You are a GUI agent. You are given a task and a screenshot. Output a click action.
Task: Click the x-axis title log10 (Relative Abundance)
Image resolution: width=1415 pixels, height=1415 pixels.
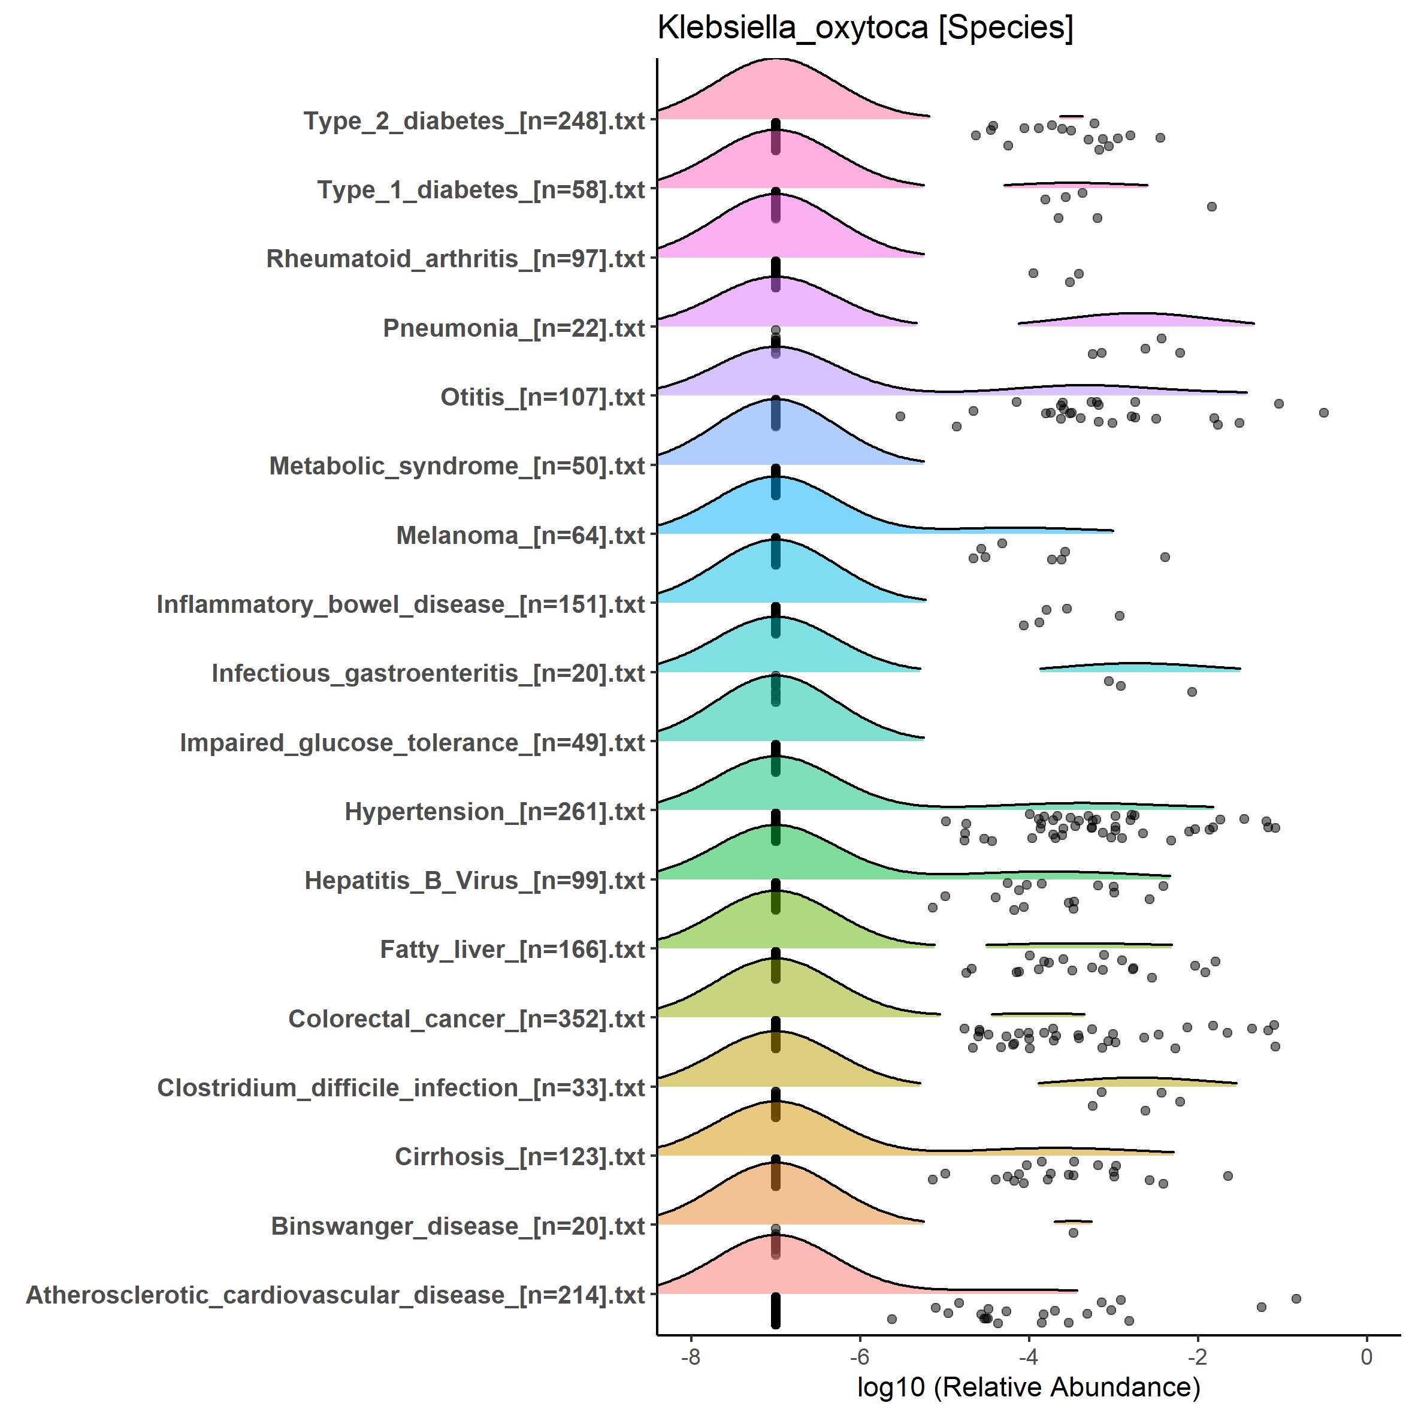(x=1028, y=1386)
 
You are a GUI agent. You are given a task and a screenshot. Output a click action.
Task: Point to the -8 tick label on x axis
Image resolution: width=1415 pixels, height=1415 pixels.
(x=691, y=1356)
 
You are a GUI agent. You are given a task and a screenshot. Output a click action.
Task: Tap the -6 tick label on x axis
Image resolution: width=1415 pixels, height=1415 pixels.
(x=859, y=1356)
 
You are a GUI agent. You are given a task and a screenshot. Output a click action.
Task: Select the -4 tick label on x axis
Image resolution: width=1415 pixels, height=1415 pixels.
(x=1028, y=1356)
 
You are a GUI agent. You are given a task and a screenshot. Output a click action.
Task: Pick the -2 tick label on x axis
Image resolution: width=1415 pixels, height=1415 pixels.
(x=1198, y=1356)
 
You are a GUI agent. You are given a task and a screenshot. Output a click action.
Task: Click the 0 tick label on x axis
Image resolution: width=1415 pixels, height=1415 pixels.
(x=1366, y=1356)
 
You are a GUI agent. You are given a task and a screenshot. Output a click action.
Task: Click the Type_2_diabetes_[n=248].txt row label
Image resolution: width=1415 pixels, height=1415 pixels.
(x=474, y=121)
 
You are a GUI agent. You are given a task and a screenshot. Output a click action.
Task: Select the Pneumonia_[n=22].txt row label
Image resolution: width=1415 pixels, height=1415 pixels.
(x=513, y=328)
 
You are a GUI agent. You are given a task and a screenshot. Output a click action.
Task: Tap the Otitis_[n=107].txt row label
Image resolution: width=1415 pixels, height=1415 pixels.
(x=542, y=397)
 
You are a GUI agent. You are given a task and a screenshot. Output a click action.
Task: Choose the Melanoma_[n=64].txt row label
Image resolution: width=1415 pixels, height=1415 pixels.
(x=520, y=536)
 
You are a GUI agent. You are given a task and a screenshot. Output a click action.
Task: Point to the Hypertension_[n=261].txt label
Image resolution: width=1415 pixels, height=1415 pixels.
(x=494, y=812)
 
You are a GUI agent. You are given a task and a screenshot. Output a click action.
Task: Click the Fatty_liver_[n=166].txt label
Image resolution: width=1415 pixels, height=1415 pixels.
(x=512, y=949)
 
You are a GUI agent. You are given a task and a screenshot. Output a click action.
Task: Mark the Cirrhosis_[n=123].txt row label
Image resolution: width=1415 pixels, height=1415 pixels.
(x=519, y=1156)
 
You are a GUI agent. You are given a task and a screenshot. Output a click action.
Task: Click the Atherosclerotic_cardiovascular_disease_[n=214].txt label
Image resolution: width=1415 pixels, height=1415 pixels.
(x=335, y=1295)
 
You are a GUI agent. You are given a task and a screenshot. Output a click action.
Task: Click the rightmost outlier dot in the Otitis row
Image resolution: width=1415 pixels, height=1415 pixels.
(x=1323, y=413)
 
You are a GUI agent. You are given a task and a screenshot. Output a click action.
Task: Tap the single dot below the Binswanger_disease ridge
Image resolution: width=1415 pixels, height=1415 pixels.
(x=1073, y=1233)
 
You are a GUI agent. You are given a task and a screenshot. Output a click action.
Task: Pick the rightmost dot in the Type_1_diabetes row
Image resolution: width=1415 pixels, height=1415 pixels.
(x=1211, y=207)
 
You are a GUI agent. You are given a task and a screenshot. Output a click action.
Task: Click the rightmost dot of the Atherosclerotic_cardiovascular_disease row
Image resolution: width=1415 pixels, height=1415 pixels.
(x=1296, y=1299)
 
